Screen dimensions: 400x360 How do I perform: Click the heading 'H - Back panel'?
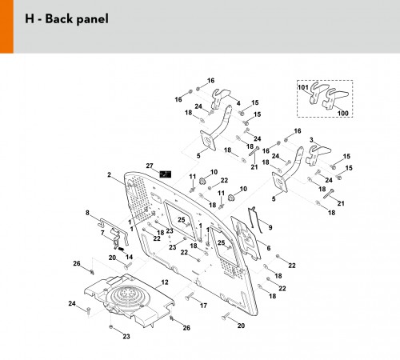[66, 19]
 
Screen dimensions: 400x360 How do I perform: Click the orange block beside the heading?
[6, 26]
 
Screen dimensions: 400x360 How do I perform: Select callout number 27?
[150, 166]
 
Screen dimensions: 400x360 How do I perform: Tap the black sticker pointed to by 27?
[166, 174]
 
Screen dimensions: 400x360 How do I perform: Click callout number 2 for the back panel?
[109, 175]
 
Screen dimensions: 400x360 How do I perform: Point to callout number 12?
[165, 282]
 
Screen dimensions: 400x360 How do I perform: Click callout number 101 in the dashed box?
[303, 87]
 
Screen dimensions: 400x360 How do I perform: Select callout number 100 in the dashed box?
[343, 113]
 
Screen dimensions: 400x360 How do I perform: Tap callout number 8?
[87, 213]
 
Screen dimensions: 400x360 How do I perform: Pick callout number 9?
[270, 227]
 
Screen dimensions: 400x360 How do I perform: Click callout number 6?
[269, 248]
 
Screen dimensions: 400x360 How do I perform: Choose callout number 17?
[203, 306]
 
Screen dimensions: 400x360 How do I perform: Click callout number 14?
[129, 257]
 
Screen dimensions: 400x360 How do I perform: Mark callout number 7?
[102, 233]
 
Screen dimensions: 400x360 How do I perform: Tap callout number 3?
[311, 140]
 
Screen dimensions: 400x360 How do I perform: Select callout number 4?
[238, 103]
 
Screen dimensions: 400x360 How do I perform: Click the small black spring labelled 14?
[121, 249]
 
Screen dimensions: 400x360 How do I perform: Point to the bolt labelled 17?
[190, 296]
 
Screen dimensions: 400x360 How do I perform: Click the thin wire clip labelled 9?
[254, 220]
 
